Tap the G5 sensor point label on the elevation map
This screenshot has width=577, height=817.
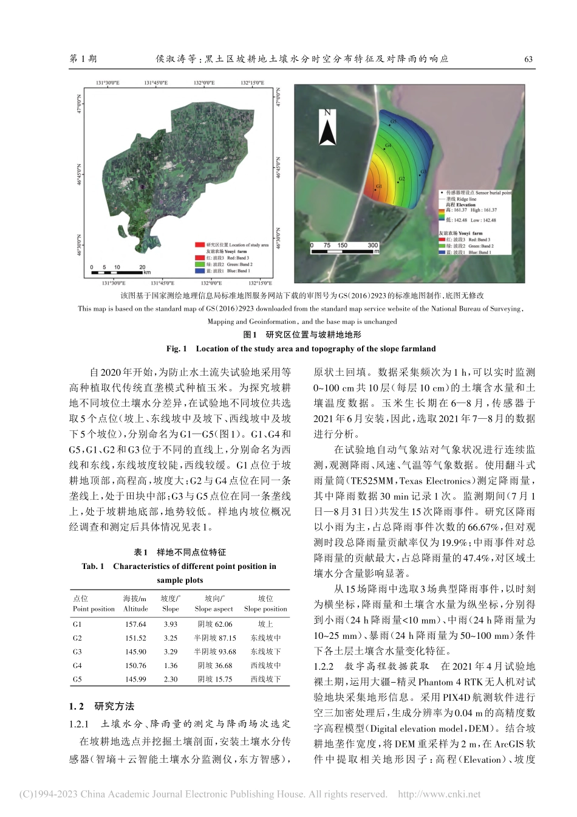point(393,122)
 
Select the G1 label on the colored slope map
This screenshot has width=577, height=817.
point(378,186)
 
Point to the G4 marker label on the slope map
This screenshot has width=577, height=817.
point(388,145)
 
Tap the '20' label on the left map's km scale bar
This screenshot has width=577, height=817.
point(142,267)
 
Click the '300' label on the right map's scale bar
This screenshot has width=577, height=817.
point(372,246)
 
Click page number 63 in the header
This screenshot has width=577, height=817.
point(528,59)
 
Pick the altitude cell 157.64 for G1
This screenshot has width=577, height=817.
point(135,624)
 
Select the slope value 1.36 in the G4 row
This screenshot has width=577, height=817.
point(171,666)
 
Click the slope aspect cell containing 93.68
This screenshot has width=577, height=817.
point(214,652)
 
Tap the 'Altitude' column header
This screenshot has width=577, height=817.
point(135,609)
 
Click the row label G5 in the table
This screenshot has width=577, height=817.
point(78,680)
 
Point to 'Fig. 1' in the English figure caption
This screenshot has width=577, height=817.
point(176,349)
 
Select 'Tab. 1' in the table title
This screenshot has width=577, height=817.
point(93,567)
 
